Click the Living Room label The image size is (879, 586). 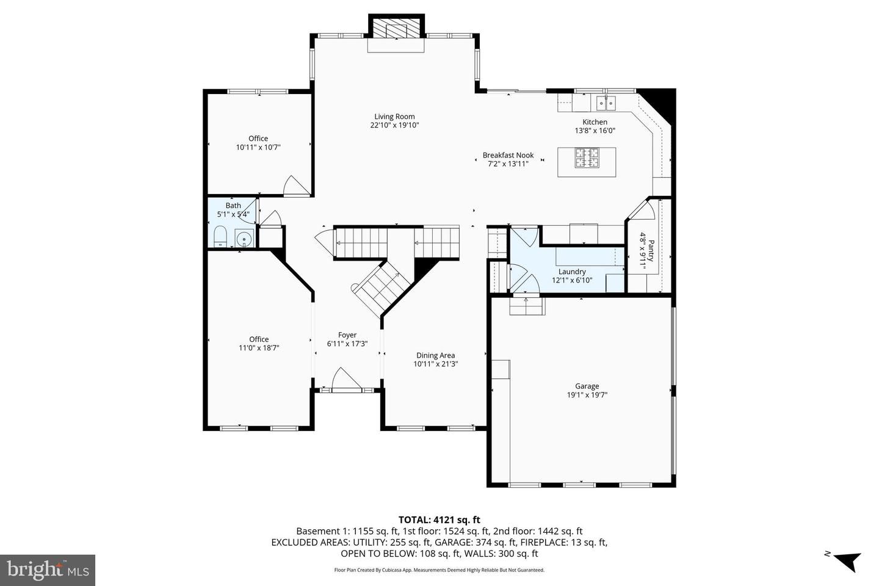[x=394, y=117]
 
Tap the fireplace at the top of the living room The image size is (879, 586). [x=395, y=29]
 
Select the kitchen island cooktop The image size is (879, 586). [x=587, y=159]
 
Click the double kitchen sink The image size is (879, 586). [x=606, y=102]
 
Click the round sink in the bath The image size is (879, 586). [x=245, y=237]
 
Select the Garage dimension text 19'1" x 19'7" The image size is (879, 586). [x=587, y=395]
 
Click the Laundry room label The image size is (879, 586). [x=572, y=272]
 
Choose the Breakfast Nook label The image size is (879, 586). [x=508, y=155]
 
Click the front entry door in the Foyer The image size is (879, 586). [x=345, y=380]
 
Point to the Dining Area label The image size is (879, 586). [x=435, y=355]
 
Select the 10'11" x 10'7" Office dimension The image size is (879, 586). [x=258, y=147]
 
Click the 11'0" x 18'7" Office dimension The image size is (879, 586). [x=259, y=348]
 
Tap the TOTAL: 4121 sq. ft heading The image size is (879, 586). [x=439, y=520]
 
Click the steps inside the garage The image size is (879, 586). [x=527, y=306]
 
